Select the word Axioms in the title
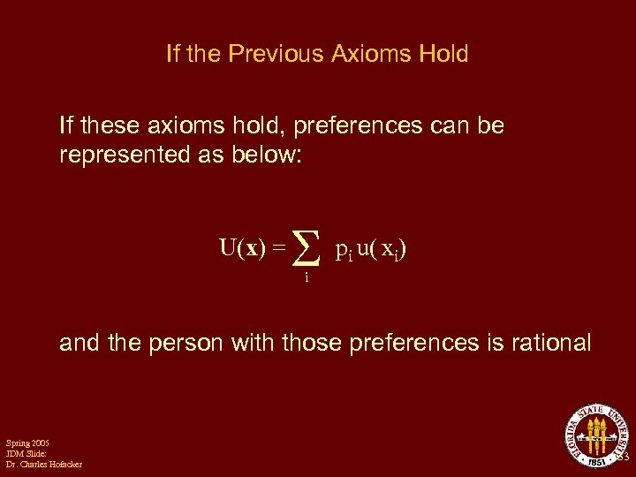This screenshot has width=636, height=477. click(366, 54)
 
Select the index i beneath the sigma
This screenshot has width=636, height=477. click(306, 277)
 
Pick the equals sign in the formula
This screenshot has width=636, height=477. click(278, 249)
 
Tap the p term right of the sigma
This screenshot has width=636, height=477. click(344, 250)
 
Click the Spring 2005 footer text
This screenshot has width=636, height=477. click(27, 442)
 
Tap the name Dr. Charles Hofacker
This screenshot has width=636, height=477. click(43, 465)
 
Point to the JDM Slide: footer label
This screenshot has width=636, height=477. click(26, 453)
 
